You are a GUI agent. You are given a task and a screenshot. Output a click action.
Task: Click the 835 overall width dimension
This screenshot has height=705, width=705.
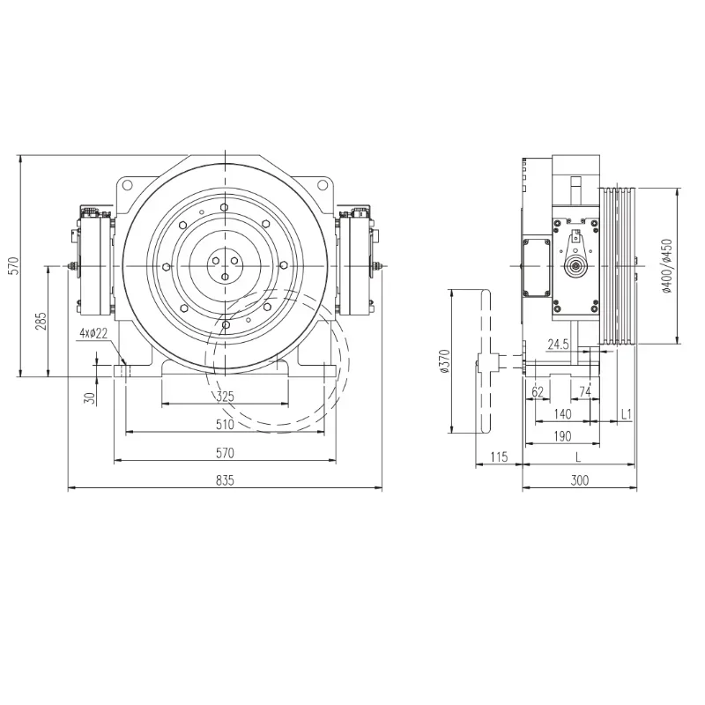tap(225, 480)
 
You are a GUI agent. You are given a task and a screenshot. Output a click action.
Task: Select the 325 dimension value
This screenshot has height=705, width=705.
tap(226, 396)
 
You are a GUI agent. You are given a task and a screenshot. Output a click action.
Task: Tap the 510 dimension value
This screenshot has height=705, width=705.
tap(225, 424)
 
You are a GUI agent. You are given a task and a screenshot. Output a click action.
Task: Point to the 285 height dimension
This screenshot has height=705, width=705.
tap(41, 321)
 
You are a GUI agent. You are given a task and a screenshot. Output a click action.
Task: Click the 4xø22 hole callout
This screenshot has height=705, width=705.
tap(93, 333)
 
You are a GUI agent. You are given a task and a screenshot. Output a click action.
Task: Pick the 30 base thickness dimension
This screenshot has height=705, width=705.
tap(90, 398)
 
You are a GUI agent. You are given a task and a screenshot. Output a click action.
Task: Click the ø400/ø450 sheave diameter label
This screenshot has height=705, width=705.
tap(667, 266)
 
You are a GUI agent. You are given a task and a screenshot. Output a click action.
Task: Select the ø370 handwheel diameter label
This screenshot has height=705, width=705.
tap(445, 361)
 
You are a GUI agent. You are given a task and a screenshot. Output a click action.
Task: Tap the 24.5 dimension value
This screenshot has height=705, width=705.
tap(558, 345)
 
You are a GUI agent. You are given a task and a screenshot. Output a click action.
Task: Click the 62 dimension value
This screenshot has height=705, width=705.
tap(538, 392)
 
